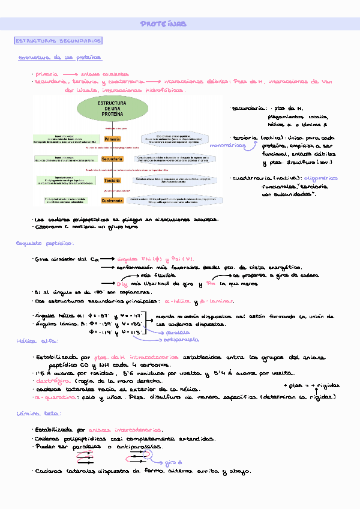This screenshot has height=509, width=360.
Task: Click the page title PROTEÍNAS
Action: [x=164, y=24]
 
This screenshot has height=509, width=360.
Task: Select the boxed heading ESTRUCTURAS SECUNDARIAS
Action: [x=58, y=41]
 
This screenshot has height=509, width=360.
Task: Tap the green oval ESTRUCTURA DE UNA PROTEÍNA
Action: [x=112, y=109]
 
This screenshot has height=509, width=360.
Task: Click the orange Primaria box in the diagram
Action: [x=112, y=139]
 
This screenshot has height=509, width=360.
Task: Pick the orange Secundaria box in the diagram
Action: [x=112, y=159]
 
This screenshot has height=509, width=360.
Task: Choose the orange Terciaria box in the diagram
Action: [x=112, y=181]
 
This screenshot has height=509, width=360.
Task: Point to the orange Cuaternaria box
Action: [x=112, y=201]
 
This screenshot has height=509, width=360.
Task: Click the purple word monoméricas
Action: [x=227, y=145]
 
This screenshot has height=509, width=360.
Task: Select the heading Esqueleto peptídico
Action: [x=45, y=243]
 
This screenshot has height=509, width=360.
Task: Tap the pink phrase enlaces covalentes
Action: [x=113, y=74]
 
